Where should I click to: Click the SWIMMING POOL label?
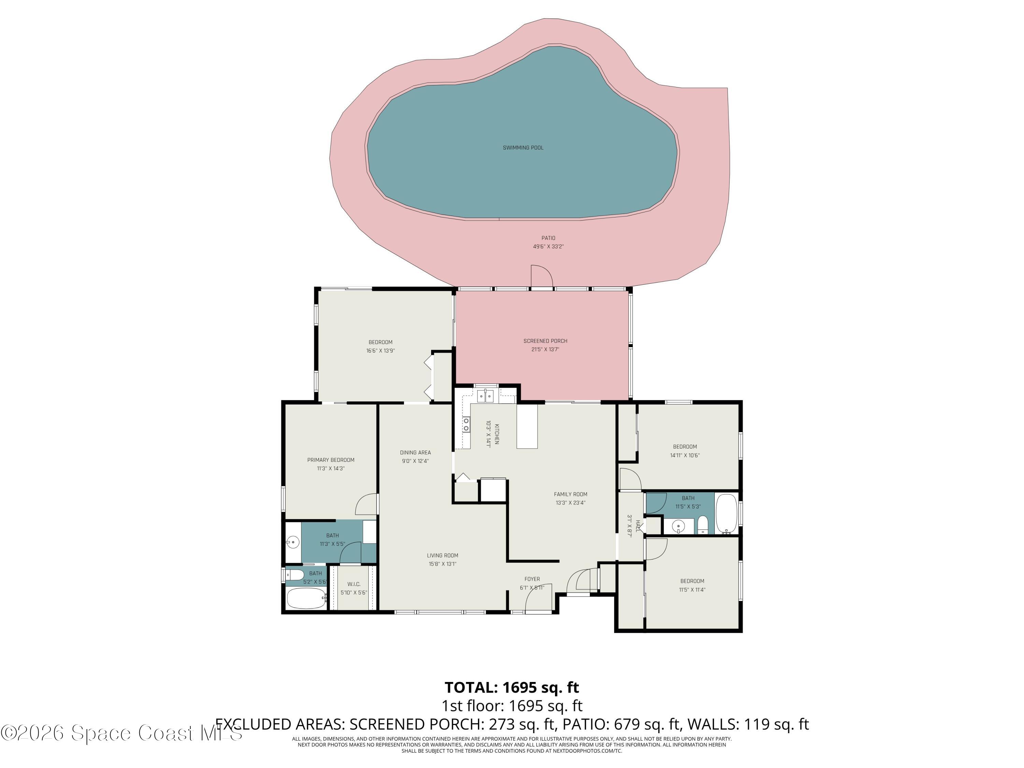(x=523, y=148)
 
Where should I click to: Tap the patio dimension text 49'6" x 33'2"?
(x=548, y=247)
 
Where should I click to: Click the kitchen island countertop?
(x=527, y=426)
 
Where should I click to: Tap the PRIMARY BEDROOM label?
(x=330, y=460)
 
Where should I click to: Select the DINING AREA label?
(x=415, y=452)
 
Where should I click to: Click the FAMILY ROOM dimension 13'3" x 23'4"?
(x=570, y=503)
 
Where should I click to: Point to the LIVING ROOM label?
(x=443, y=555)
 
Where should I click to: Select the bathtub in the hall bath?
(x=726, y=513)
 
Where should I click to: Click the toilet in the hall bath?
(x=703, y=525)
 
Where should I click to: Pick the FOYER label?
(x=532, y=579)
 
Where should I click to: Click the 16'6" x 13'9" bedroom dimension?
(x=381, y=351)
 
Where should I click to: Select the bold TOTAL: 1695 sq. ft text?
(x=512, y=687)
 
